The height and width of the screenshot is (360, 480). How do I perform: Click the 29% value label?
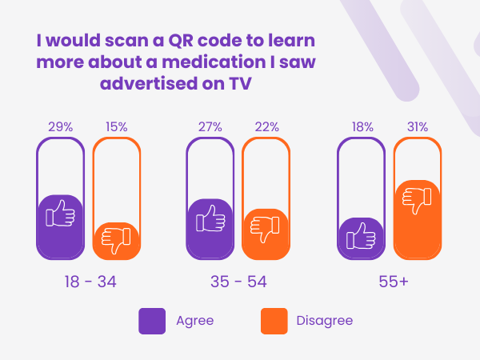click(60, 126)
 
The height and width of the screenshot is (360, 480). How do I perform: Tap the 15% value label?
click(117, 126)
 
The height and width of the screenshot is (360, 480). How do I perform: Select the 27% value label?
click(210, 126)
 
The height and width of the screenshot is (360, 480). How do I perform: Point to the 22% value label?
click(266, 126)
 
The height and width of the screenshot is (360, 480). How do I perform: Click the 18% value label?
click(362, 126)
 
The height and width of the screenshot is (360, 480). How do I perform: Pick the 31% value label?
click(418, 126)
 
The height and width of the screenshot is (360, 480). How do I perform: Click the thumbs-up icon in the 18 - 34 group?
click(60, 214)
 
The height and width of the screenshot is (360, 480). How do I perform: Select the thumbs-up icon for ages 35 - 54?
click(210, 218)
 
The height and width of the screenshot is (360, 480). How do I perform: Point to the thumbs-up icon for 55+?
click(362, 236)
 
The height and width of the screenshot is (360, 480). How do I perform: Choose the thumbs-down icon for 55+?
click(418, 199)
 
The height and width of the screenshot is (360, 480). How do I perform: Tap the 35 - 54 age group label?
click(238, 282)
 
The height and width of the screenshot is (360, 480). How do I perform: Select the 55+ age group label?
click(390, 282)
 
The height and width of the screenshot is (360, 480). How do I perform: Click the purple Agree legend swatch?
click(152, 321)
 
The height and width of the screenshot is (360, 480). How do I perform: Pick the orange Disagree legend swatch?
click(274, 321)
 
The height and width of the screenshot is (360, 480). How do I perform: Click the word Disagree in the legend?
click(324, 321)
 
